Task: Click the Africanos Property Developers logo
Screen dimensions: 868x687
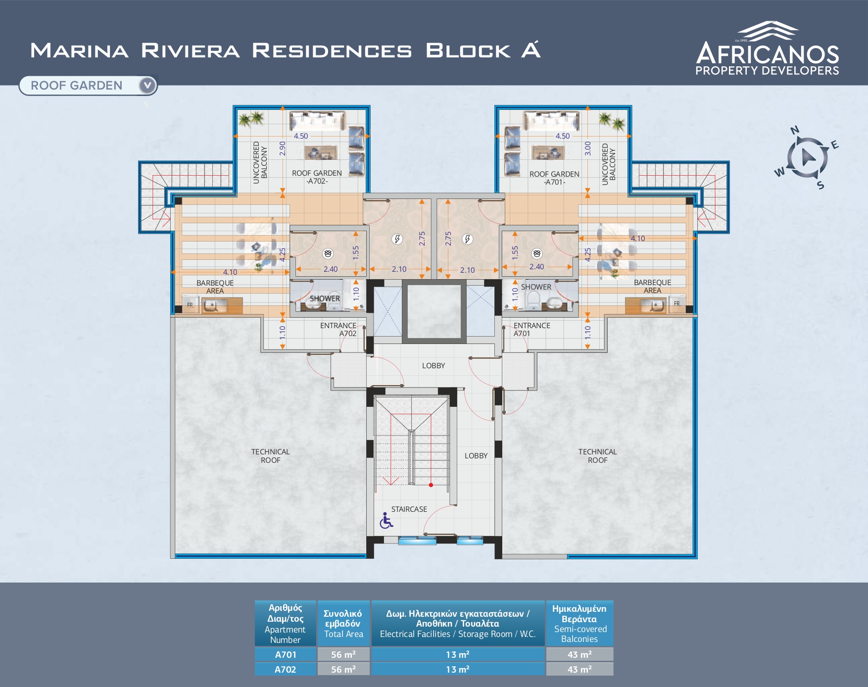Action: (x=767, y=48)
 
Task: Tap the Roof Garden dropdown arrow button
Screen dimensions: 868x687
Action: (x=147, y=86)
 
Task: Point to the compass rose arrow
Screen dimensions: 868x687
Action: (x=807, y=157)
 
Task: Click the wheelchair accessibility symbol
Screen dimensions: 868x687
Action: (x=386, y=520)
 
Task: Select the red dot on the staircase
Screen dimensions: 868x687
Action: (x=431, y=485)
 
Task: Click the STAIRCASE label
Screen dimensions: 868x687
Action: (x=409, y=509)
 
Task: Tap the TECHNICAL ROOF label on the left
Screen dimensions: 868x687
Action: (x=270, y=456)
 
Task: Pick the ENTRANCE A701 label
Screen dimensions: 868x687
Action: (x=531, y=329)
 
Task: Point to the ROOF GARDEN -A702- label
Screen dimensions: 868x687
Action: (x=317, y=177)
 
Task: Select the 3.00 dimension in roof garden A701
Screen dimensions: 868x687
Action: (x=588, y=148)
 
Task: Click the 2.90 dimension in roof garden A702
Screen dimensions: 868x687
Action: (x=283, y=148)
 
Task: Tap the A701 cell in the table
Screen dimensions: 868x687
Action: (x=286, y=654)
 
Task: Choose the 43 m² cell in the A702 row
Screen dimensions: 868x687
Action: (x=579, y=669)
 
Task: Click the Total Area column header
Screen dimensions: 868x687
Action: (x=343, y=623)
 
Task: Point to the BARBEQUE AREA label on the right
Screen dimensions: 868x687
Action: (x=652, y=286)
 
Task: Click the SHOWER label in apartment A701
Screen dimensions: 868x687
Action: (x=536, y=287)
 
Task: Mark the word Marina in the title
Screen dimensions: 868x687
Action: (x=79, y=50)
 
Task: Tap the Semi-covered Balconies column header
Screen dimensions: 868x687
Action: (x=579, y=623)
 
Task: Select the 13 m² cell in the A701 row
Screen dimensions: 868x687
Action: (x=458, y=654)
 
